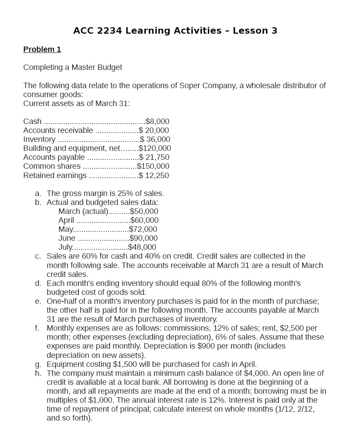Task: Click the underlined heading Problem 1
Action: (x=42, y=49)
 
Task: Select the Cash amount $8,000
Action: (x=157, y=121)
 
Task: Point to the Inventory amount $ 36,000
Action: (x=155, y=139)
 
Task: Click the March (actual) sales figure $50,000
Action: (x=144, y=211)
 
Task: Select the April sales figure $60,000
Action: (x=145, y=220)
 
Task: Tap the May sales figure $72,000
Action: (x=143, y=229)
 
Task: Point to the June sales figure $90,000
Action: (x=143, y=238)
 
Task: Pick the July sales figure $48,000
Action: (x=142, y=247)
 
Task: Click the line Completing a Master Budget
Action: (x=73, y=67)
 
